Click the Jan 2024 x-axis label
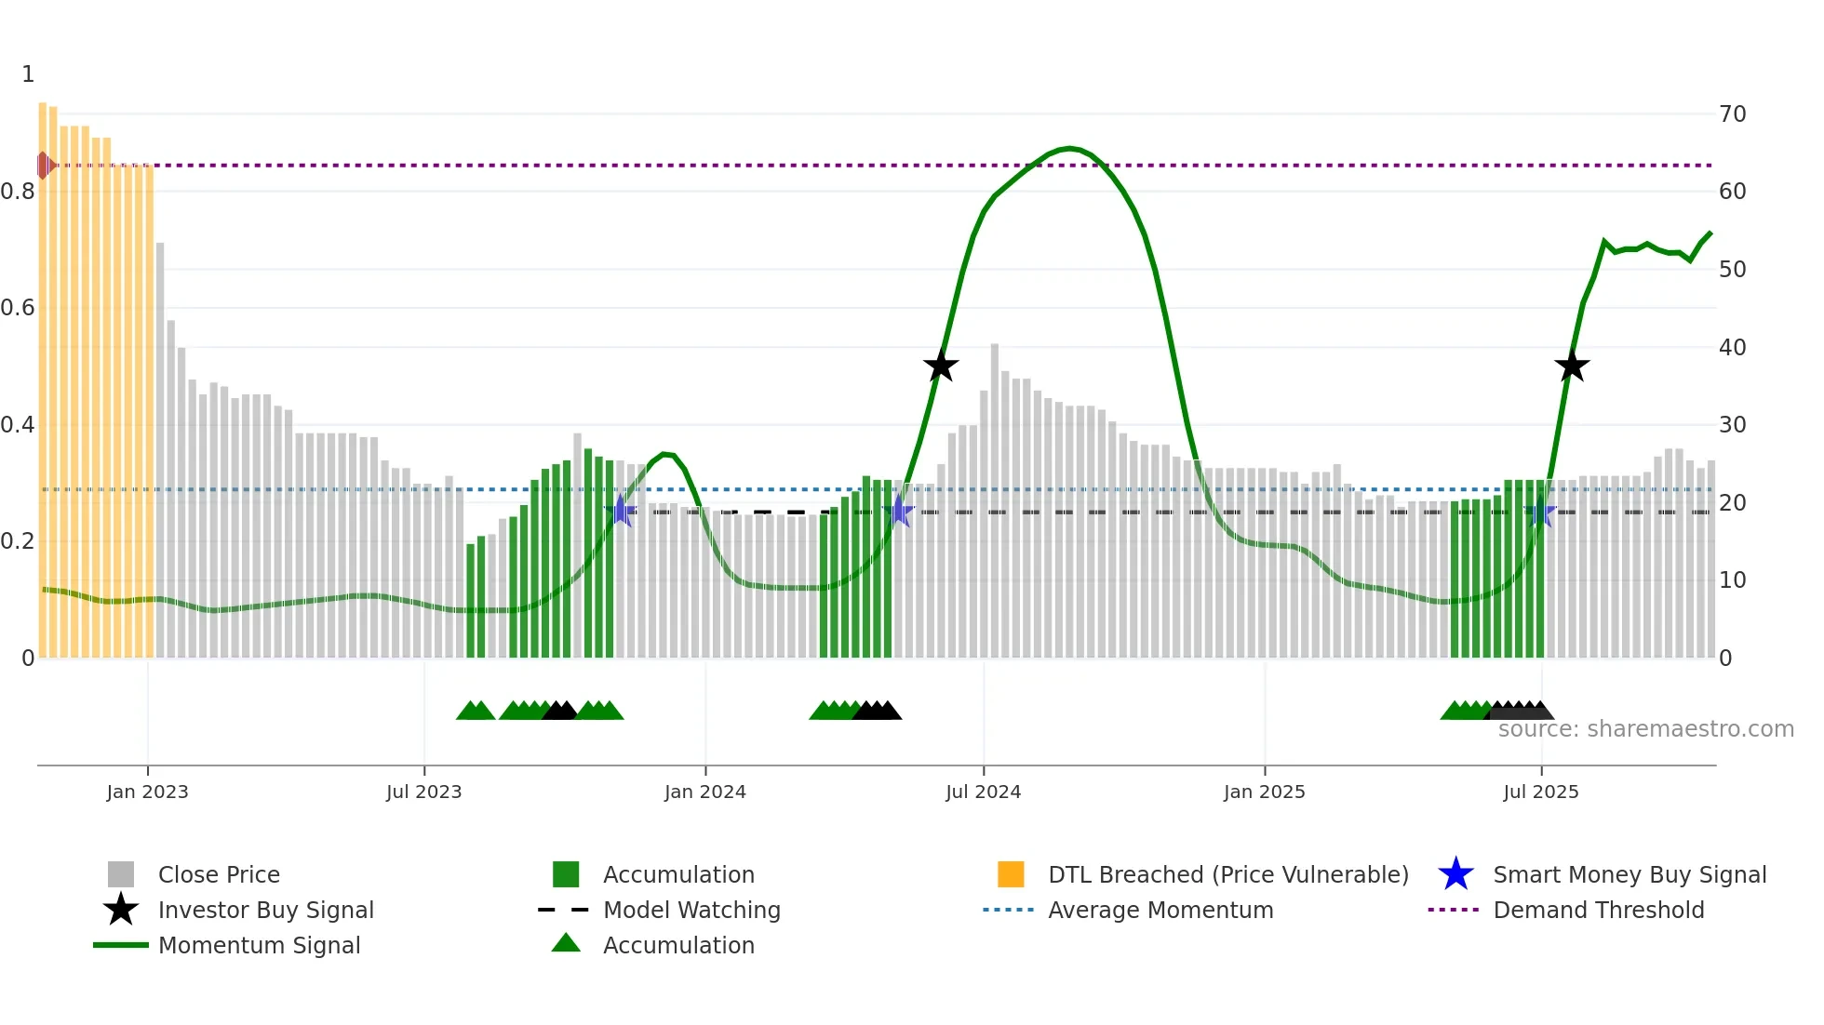[704, 792]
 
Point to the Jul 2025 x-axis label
[1540, 792]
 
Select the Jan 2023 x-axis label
[147, 792]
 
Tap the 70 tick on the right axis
[1732, 114]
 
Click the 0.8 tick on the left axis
[19, 192]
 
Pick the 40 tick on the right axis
[1732, 347]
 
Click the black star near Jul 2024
[941, 366]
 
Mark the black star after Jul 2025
[1572, 366]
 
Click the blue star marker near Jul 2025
[1541, 512]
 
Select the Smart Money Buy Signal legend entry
[1629, 874]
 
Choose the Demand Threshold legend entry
[1598, 910]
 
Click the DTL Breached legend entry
[1227, 874]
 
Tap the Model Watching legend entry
[691, 910]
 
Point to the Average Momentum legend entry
[1160, 910]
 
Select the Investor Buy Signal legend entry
[265, 910]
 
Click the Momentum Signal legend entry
[259, 945]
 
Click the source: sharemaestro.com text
[1645, 729]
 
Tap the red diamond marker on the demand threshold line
[44, 166]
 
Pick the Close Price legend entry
[218, 874]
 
